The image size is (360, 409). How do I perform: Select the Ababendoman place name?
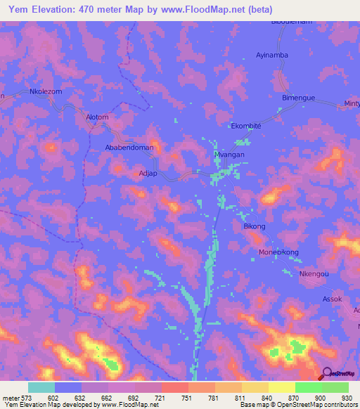coord(129,148)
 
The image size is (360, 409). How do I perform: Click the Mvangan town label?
coord(228,153)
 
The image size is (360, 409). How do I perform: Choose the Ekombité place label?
coord(246,126)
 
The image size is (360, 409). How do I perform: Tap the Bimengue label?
coord(298,98)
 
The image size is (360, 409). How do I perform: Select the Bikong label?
coord(254,226)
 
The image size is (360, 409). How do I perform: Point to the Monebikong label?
coord(278,252)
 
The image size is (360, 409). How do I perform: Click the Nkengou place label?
coord(314,274)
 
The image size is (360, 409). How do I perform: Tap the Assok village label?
coord(332,299)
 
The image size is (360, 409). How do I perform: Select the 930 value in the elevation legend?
coord(345,397)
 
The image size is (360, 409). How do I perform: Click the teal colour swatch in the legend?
coord(41,387)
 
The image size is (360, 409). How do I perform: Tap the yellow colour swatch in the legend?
coord(282,387)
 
